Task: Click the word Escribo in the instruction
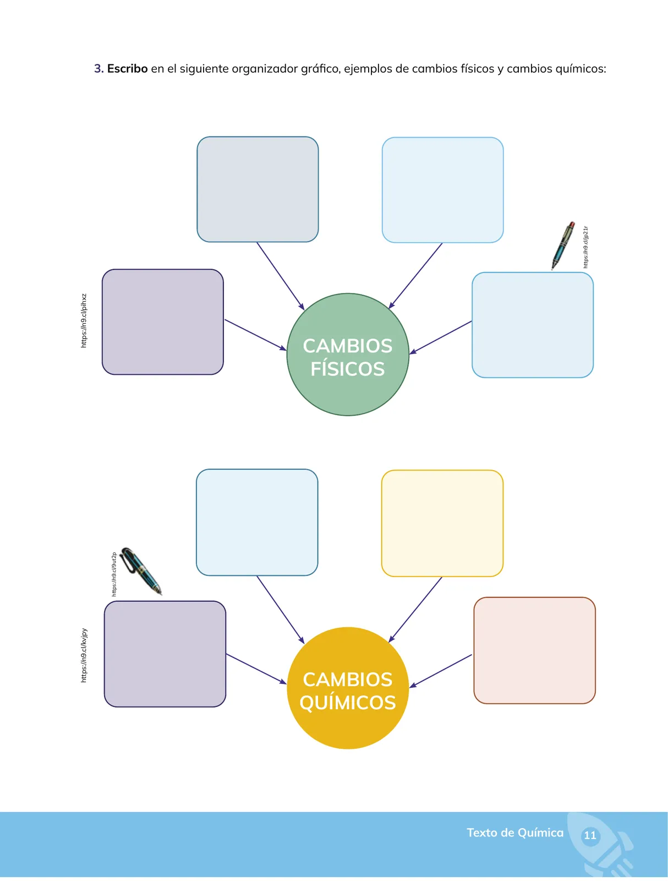[127, 69]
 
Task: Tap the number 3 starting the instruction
[98, 69]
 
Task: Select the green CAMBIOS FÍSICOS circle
[348, 354]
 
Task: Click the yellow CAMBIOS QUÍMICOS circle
[348, 688]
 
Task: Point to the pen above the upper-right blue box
[563, 245]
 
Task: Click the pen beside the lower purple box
[141, 571]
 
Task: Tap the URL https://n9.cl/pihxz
[84, 320]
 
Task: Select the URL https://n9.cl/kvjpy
[84, 655]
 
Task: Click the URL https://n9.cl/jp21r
[585, 247]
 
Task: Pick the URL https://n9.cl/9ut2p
[114, 574]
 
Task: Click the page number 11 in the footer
[590, 835]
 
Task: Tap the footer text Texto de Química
[515, 833]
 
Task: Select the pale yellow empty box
[442, 523]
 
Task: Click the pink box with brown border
[534, 650]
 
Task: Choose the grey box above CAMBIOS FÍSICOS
[258, 189]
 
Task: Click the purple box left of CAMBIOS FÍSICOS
[162, 322]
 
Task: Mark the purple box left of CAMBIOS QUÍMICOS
[165, 654]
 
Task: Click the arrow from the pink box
[440, 671]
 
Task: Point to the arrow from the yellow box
[415, 610]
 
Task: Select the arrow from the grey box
[281, 276]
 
